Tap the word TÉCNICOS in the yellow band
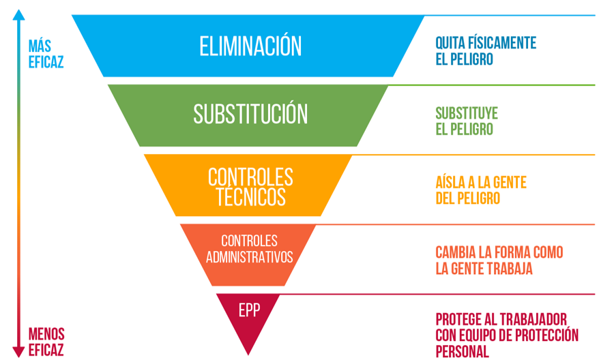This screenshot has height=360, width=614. pos(250,197)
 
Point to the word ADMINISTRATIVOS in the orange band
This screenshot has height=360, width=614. pos(250,257)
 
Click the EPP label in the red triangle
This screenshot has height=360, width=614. pos(250,310)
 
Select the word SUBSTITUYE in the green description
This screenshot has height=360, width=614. pos(467,113)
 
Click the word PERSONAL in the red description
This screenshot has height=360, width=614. pos(462,351)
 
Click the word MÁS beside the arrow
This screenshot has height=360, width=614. pos(40,46)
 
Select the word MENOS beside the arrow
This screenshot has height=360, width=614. pos(46,334)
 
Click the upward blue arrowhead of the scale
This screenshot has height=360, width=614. pos(18,15)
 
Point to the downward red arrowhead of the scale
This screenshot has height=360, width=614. pos(18,351)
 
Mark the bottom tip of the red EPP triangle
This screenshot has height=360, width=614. pos(248,355)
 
